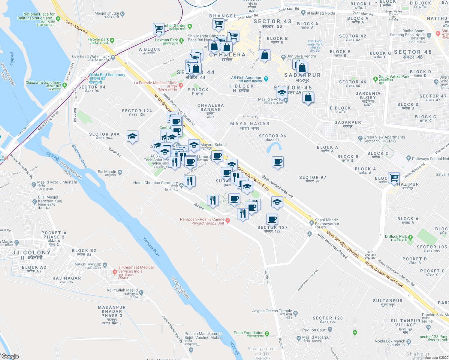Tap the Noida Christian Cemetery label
coord(155,183)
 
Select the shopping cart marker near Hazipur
coord(394,178)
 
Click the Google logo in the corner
coord(10,356)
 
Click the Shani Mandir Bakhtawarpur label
coord(327,222)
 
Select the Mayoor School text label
coord(213,145)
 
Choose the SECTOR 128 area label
coord(327,318)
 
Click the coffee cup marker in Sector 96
coord(278,162)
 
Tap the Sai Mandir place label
coord(107,172)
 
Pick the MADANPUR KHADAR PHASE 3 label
coord(112,311)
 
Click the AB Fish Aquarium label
coord(246,78)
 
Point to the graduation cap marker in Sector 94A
coord(132,136)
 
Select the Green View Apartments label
coord(384,137)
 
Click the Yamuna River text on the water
coord(152,247)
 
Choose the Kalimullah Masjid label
coord(122,290)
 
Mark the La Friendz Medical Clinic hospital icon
coord(181,85)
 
